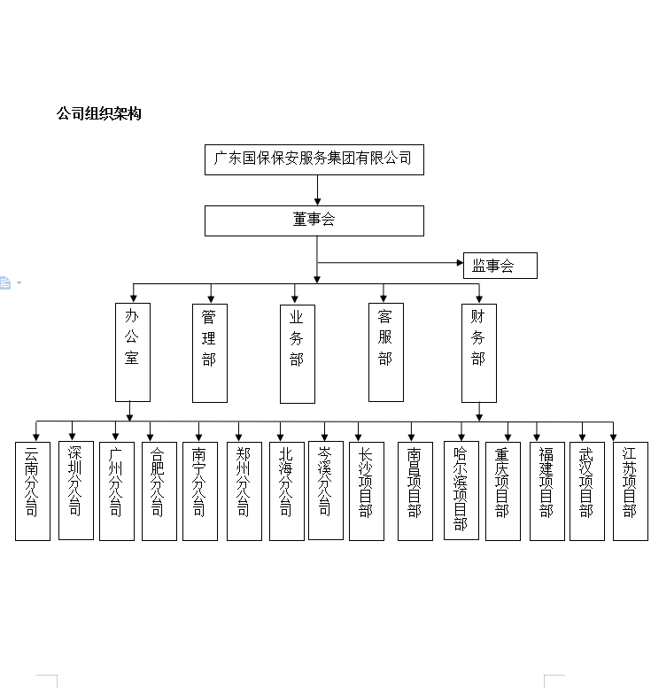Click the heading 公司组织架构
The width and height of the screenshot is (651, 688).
coord(99,113)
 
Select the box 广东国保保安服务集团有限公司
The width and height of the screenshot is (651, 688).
coord(314,159)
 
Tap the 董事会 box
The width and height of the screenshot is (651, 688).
coord(314,220)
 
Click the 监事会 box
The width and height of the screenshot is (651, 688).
coord(500,266)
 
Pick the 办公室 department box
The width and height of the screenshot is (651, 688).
coord(133,352)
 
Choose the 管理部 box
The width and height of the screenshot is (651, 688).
coord(210,353)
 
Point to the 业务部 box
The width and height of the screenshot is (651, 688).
coord(298,354)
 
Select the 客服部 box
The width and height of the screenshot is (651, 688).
coord(386,352)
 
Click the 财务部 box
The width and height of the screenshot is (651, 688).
coord(479,353)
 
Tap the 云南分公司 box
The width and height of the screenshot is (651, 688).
coord(33,491)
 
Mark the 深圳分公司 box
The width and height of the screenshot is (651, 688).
coord(76,491)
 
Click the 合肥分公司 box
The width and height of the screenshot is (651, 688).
coord(159,491)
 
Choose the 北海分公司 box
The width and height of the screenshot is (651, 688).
coord(287,491)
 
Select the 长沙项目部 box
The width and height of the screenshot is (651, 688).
coord(367,491)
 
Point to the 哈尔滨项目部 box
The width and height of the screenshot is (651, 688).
coord(461,491)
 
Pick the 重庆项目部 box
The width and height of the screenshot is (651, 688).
coord(503,491)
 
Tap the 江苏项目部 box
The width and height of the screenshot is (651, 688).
coord(631,491)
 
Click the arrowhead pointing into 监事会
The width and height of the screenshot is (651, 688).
coord(460,263)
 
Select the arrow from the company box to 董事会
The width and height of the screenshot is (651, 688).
coord(317,190)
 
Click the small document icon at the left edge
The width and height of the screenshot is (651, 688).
coord(4,282)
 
